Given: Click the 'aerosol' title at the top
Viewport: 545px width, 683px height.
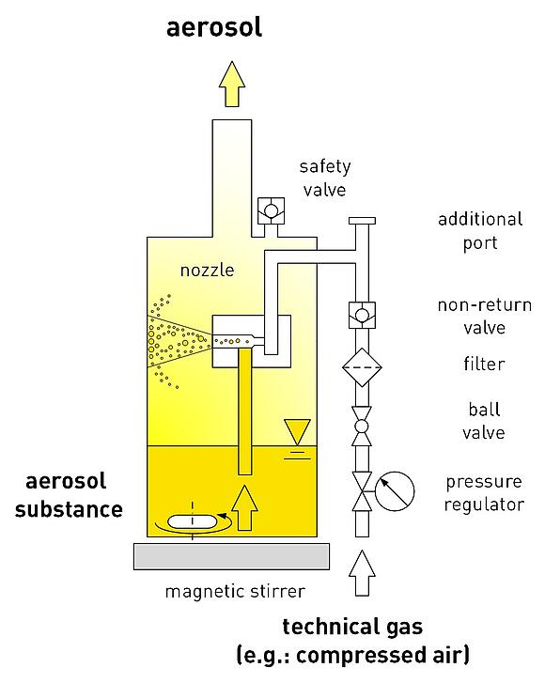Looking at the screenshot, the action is click(x=214, y=27).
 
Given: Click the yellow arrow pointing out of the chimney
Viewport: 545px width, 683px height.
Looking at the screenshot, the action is click(x=232, y=84).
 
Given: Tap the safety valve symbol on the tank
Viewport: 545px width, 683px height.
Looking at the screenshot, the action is click(x=271, y=210).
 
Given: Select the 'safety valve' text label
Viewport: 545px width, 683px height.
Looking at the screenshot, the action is click(x=325, y=179).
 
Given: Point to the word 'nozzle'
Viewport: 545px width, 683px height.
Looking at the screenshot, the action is click(x=208, y=271).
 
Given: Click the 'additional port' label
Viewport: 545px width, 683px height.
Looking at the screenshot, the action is click(x=480, y=231).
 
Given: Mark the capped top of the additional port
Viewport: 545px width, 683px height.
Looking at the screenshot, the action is click(x=362, y=221).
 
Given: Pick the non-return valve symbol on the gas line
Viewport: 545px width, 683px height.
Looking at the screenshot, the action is click(x=362, y=315).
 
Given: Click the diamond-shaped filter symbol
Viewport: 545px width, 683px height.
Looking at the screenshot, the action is click(x=362, y=367).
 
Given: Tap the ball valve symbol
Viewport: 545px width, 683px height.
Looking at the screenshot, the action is click(x=362, y=427).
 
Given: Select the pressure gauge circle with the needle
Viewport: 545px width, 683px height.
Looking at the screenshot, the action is click(x=395, y=491).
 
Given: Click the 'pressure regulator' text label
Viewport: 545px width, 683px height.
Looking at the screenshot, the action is click(x=484, y=493).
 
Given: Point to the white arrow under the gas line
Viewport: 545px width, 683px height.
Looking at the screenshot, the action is click(x=362, y=573).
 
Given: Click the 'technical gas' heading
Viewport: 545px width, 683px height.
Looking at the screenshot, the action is click(x=352, y=627).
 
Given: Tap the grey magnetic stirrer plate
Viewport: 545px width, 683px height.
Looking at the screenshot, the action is click(x=231, y=556).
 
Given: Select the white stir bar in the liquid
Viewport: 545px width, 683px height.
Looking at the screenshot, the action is click(x=192, y=521).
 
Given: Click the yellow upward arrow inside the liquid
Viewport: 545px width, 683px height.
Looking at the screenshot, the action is click(x=244, y=507).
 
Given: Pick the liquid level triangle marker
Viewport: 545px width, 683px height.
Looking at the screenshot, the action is click(x=297, y=432).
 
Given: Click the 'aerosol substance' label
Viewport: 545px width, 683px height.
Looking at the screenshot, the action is click(x=69, y=496).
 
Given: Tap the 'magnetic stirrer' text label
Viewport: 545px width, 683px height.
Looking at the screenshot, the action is click(x=235, y=592).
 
